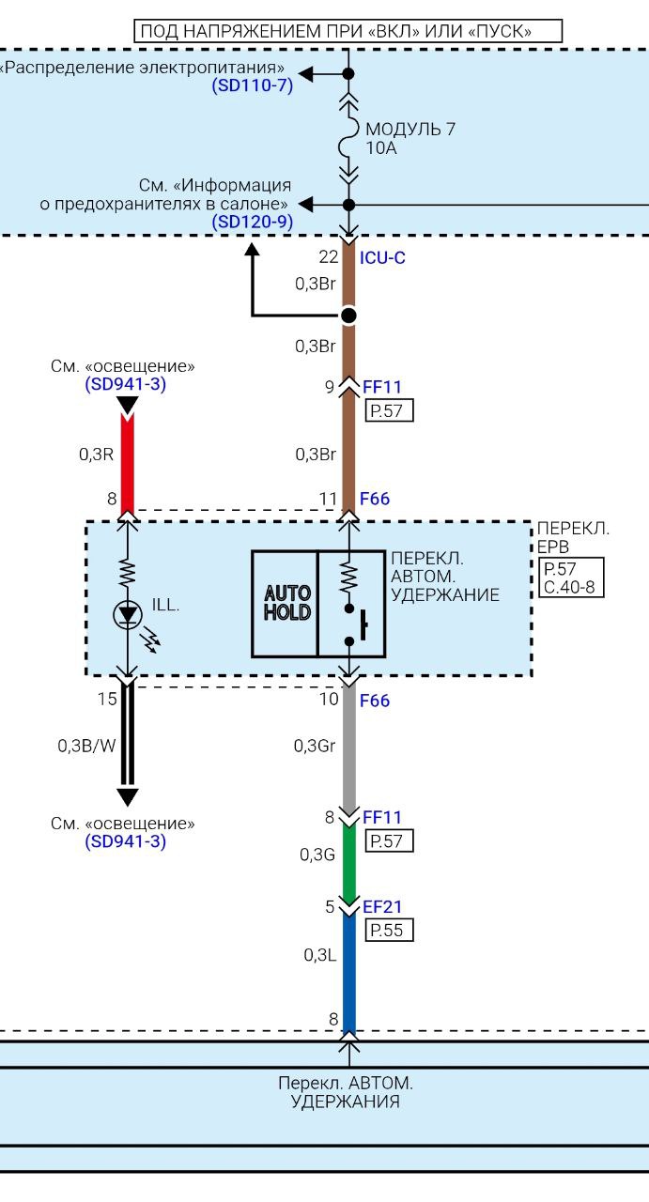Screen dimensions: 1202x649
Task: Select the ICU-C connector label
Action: pyautogui.click(x=382, y=257)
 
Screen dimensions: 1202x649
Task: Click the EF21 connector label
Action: pyautogui.click(x=382, y=908)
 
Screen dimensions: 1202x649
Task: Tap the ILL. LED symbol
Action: pyautogui.click(x=127, y=614)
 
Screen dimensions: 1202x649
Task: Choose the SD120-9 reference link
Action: pyautogui.click(x=253, y=222)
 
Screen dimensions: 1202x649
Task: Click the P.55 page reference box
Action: pyautogui.click(x=388, y=930)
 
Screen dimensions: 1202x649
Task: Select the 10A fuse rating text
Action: pyautogui.click(x=381, y=147)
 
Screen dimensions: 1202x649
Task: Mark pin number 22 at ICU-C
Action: pyautogui.click(x=328, y=257)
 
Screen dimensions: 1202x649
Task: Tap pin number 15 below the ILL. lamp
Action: pyautogui.click(x=106, y=699)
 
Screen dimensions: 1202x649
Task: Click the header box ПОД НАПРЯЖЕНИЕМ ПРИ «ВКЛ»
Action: pyautogui.click(x=348, y=31)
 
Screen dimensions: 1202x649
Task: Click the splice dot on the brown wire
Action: pyautogui.click(x=348, y=315)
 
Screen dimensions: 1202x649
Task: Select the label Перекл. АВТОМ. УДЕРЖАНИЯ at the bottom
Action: pyautogui.click(x=345, y=1091)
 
